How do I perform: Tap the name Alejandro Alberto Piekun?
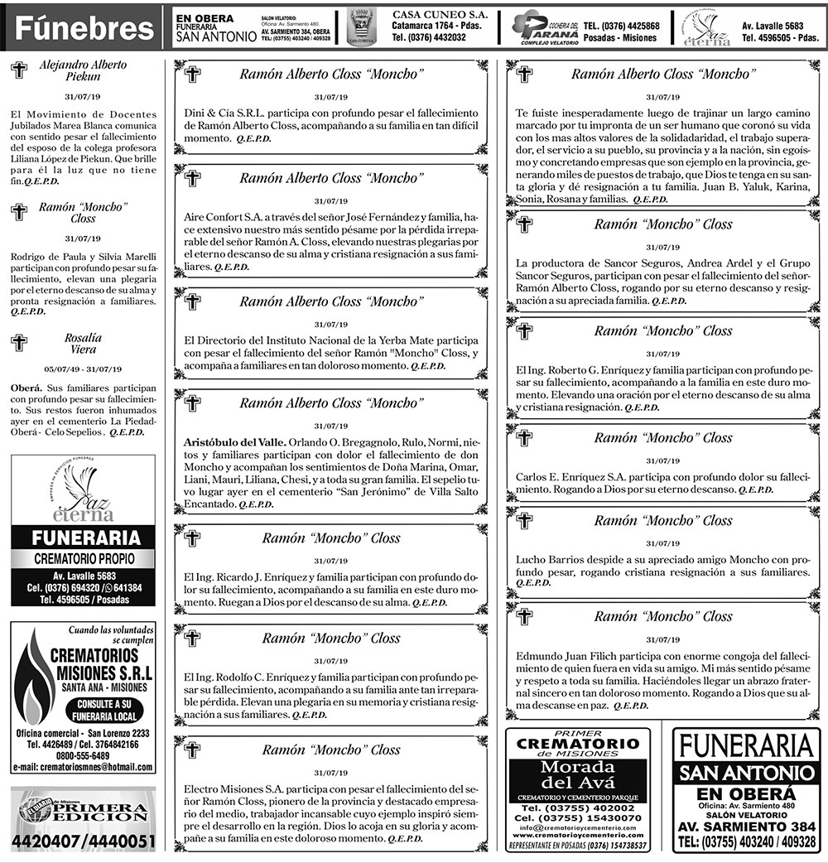pyautogui.click(x=83, y=70)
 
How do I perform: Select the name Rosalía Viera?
pyautogui.click(x=83, y=343)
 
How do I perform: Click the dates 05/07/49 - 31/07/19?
pyautogui.click(x=83, y=369)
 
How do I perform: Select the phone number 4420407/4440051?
pyautogui.click(x=83, y=842)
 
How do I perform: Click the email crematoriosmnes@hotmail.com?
pyautogui.click(x=83, y=768)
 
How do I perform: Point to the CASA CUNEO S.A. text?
pyautogui.click(x=439, y=15)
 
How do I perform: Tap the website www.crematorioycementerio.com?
pyautogui.click(x=578, y=836)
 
